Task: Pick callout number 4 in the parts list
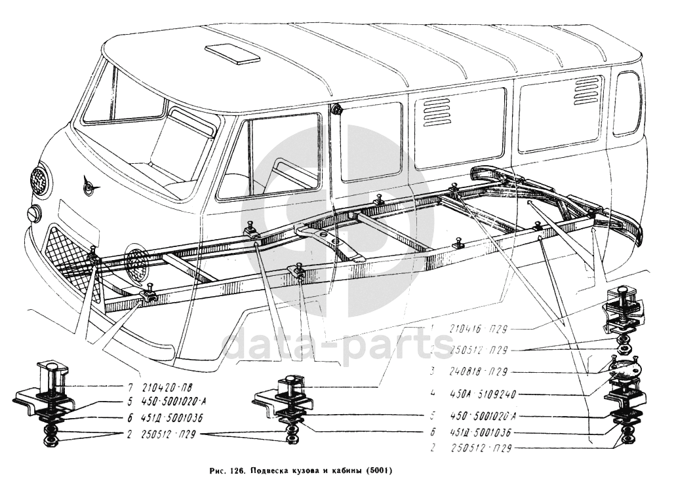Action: click(433, 395)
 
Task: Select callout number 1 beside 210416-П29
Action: click(432, 327)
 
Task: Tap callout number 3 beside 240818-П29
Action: click(433, 371)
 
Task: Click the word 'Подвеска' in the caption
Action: click(268, 470)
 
